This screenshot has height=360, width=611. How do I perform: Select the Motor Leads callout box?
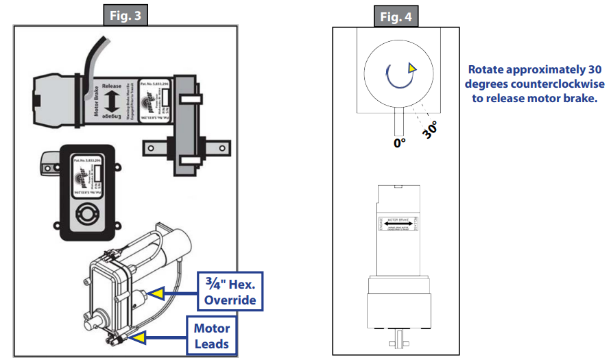213,335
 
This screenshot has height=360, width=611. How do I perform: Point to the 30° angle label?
430,130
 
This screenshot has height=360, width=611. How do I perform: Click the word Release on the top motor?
111,86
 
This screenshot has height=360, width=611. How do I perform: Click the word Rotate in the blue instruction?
488,69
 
